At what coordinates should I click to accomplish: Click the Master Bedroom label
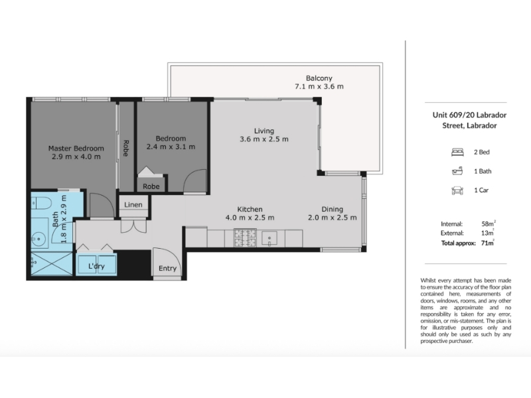76,148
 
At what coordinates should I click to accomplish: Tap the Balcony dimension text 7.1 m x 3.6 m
319,87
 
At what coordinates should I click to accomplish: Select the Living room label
264,131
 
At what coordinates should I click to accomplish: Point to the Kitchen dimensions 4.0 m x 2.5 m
250,218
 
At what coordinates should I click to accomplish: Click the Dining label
333,209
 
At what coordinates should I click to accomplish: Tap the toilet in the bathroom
41,204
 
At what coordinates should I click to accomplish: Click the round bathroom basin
38,239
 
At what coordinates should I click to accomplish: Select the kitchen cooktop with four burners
246,237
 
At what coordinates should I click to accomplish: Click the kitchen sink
269,238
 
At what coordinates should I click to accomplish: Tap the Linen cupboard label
133,205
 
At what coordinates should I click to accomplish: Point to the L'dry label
96,266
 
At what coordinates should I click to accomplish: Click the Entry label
168,269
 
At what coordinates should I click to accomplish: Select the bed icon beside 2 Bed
457,153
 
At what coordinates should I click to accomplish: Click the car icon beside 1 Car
457,190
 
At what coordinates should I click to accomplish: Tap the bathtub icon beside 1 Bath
457,171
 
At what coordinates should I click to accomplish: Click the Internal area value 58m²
488,224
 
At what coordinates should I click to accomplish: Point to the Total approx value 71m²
488,243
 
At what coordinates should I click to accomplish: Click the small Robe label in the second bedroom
151,186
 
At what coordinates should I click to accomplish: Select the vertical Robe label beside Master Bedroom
125,148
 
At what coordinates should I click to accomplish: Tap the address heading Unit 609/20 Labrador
469,115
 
